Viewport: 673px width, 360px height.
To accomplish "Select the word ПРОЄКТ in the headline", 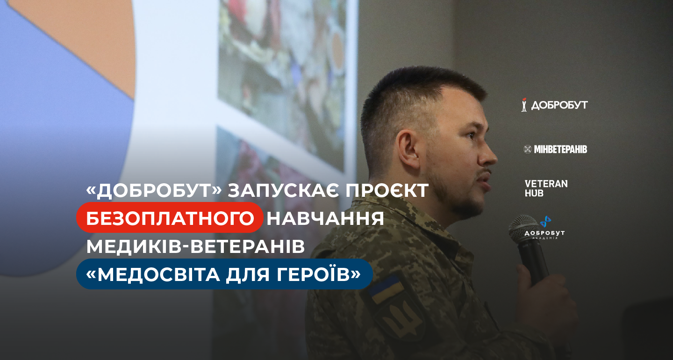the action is tap(387, 190).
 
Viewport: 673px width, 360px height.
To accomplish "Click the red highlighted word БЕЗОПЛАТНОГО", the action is tap(170, 218).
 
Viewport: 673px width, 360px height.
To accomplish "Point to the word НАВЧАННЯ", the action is tap(325, 218).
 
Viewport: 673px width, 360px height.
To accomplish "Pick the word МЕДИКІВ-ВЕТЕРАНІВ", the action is tap(195, 246).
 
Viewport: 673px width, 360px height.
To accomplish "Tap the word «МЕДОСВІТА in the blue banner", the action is tap(153, 274).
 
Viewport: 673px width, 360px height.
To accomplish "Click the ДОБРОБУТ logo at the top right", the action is tap(555, 105).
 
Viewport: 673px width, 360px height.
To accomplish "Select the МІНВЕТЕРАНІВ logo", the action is tap(555, 149).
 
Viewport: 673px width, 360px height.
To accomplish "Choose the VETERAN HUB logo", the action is tap(546, 188).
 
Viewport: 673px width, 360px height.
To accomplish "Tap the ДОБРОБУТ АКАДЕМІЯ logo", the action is tap(545, 228).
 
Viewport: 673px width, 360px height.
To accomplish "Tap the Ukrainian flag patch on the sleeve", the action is tap(386, 289).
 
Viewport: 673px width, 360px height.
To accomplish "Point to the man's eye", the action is tap(470, 135).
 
